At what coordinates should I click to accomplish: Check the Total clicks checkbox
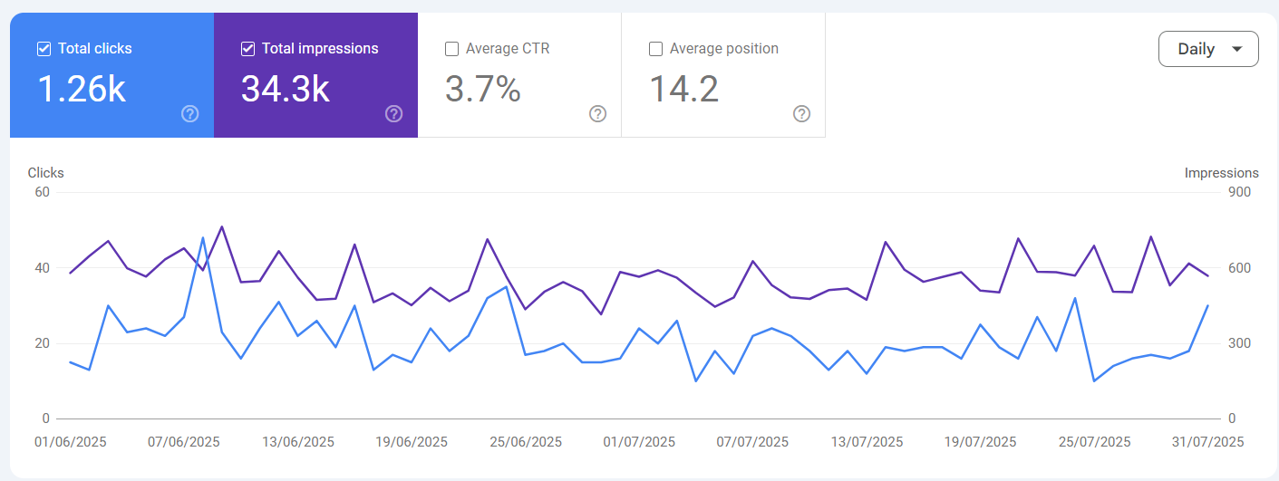(44, 49)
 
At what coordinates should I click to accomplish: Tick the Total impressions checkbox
(247, 49)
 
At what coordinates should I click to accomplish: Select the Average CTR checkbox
(451, 49)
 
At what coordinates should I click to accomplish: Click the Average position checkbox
(655, 49)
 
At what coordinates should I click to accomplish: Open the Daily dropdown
(1208, 49)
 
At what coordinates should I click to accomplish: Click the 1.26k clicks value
(81, 89)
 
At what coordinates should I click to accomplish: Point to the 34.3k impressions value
(285, 89)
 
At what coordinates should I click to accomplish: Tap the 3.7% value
(482, 89)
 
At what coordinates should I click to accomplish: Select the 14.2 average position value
(683, 89)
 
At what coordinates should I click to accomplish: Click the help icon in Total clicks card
(189, 113)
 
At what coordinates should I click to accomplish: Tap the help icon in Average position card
(801, 113)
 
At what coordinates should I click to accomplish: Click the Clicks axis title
(45, 173)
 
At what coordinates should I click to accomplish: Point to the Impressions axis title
(1221, 173)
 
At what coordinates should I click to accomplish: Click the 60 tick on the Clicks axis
(42, 192)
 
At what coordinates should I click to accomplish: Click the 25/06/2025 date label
(526, 442)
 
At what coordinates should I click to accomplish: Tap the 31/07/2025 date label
(1207, 442)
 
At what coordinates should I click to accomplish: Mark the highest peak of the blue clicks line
(203, 237)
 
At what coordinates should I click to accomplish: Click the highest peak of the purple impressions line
(222, 226)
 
